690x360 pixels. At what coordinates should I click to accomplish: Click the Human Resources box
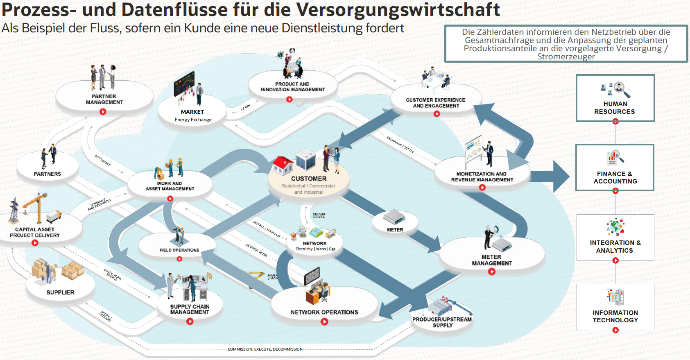(x=615, y=98)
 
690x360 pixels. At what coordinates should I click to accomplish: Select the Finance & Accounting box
(x=615, y=168)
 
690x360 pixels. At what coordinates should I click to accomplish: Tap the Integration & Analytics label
(x=615, y=247)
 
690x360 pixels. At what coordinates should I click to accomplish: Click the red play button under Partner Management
(x=103, y=112)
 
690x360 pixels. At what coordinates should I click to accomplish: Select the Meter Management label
(x=492, y=260)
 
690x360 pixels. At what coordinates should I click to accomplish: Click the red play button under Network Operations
(x=324, y=322)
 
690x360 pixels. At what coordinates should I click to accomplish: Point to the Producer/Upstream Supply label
(x=442, y=322)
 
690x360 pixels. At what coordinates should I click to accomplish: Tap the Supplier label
(x=61, y=292)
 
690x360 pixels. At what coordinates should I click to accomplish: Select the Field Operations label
(x=179, y=250)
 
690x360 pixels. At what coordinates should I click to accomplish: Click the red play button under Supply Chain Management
(x=190, y=322)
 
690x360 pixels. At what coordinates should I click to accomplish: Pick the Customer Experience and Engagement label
(x=436, y=103)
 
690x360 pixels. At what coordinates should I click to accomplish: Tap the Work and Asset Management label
(x=170, y=186)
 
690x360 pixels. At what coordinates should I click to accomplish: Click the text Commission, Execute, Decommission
(x=265, y=349)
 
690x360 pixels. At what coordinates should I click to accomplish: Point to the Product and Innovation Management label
(x=292, y=87)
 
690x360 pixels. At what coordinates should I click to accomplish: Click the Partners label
(x=48, y=174)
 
